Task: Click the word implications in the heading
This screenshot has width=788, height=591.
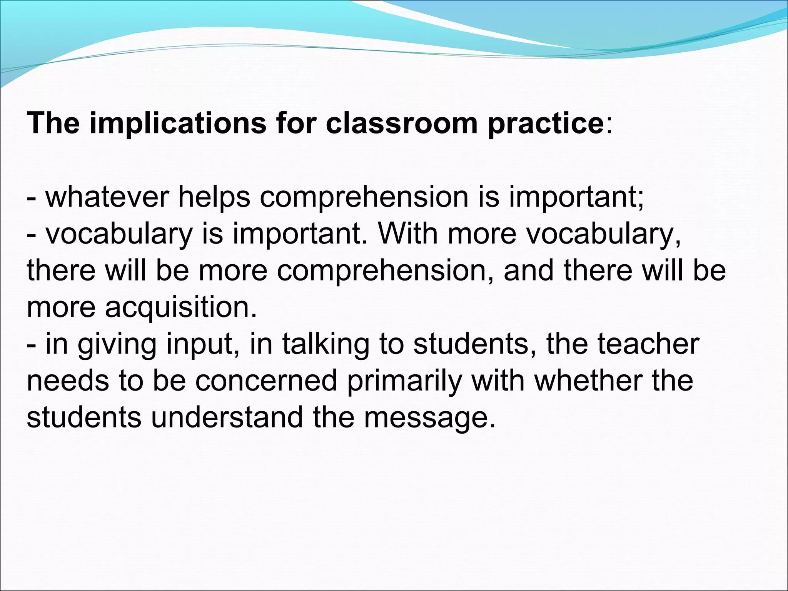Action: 178,124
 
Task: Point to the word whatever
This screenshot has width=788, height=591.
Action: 107,197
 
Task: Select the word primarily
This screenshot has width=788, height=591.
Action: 404,381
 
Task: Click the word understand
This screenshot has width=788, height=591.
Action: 227,417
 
